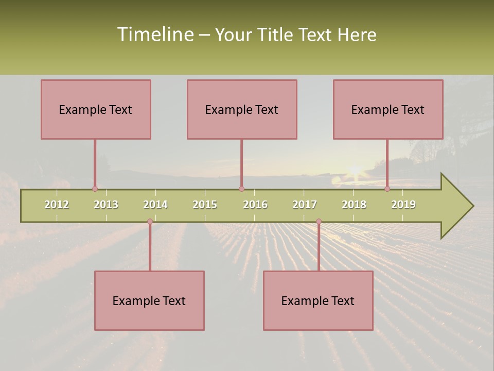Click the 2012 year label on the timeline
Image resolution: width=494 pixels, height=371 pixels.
pyautogui.click(x=57, y=205)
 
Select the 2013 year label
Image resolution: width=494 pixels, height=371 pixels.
pyautogui.click(x=106, y=205)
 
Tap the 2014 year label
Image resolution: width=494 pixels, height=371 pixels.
pyautogui.click(x=155, y=205)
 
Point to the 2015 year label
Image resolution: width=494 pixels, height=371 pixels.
pyautogui.click(x=205, y=205)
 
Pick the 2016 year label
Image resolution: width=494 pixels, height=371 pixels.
pyautogui.click(x=255, y=205)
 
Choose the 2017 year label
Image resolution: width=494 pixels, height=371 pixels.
pyautogui.click(x=305, y=205)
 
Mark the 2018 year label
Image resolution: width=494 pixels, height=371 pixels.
pyautogui.click(x=354, y=205)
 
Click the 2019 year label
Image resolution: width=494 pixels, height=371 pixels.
pyautogui.click(x=403, y=205)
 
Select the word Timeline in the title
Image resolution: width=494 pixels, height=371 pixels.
pyautogui.click(x=154, y=35)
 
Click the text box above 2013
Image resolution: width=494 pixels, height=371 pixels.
pyautogui.click(x=96, y=109)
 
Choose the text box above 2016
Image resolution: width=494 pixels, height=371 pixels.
pyautogui.click(x=242, y=109)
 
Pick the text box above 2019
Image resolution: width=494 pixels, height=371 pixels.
pyautogui.click(x=388, y=109)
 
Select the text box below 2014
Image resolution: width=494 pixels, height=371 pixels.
pyautogui.click(x=149, y=300)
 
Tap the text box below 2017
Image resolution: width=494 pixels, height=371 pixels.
pyautogui.click(x=318, y=300)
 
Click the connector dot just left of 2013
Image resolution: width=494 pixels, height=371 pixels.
pyautogui.click(x=95, y=189)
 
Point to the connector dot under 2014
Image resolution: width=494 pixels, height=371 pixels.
pyautogui.click(x=150, y=222)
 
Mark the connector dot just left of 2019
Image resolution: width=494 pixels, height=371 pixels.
pyautogui.click(x=387, y=189)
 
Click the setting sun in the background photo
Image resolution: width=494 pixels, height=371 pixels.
pyautogui.click(x=355, y=170)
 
